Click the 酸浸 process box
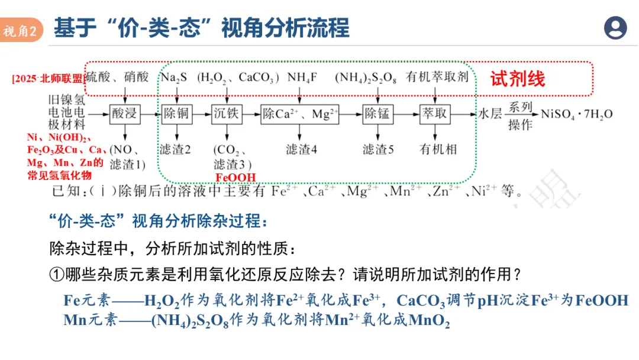click(125, 114)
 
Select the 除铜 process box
click(176, 114)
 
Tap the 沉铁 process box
click(225, 114)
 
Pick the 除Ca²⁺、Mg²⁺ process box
click(300, 114)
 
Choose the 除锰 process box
click(377, 114)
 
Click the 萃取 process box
click(435, 114)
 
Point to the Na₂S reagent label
click(175, 77)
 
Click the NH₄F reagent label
click(303, 77)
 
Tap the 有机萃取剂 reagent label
click(437, 77)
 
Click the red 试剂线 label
click(517, 79)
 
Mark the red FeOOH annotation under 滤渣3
click(235, 178)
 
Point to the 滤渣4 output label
click(301, 149)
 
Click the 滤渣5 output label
click(379, 149)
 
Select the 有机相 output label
click(438, 149)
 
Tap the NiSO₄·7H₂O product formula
click(577, 114)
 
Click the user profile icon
click(615, 28)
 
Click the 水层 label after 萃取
click(490, 114)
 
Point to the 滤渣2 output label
click(175, 149)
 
